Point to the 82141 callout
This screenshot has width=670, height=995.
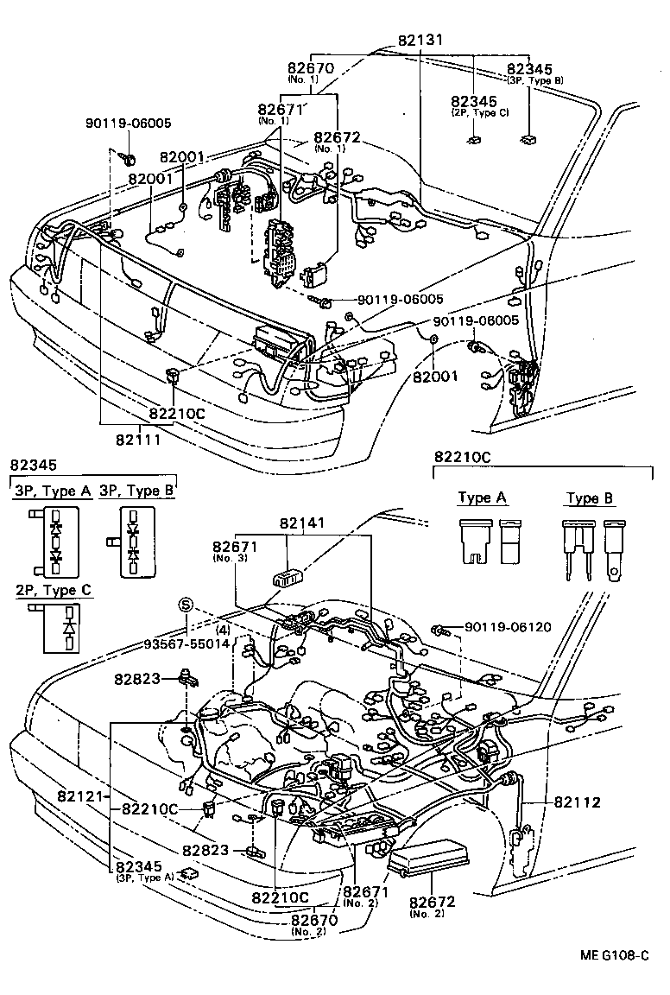coord(300,523)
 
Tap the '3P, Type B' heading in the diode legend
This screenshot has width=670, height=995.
coord(136,491)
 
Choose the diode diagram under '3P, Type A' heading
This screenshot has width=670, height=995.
coord(56,541)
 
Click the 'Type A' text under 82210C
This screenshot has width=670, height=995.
coord(482,497)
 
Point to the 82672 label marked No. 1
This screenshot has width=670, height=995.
coord(337,137)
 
